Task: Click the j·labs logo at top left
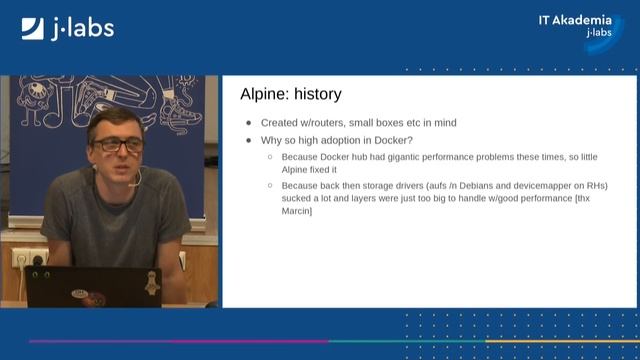(67, 28)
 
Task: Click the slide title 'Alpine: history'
(291, 95)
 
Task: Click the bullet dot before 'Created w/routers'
(249, 123)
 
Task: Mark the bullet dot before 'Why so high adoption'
(249, 140)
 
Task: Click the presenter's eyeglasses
(118, 145)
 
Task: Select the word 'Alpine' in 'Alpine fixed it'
(297, 170)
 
